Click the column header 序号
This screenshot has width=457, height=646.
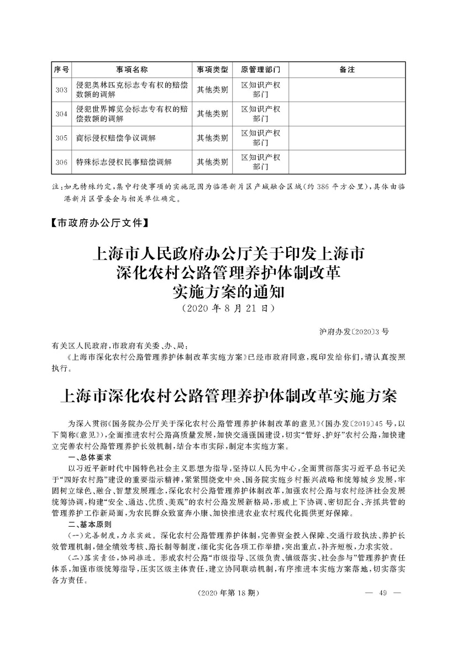(x=61, y=70)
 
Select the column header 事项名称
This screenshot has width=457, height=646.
(x=132, y=70)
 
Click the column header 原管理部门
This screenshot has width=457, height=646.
(x=261, y=70)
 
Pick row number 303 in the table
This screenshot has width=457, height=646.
(x=61, y=90)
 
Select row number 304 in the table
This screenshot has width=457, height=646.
(x=61, y=114)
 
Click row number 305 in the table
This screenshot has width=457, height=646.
(x=61, y=139)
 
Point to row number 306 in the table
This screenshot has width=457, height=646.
(x=61, y=162)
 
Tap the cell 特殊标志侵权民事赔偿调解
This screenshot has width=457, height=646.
(x=124, y=162)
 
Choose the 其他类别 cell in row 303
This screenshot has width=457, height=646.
(x=213, y=90)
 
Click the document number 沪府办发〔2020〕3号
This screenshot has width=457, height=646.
(x=354, y=332)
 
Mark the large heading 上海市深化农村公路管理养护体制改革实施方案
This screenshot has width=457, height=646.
(x=228, y=396)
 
